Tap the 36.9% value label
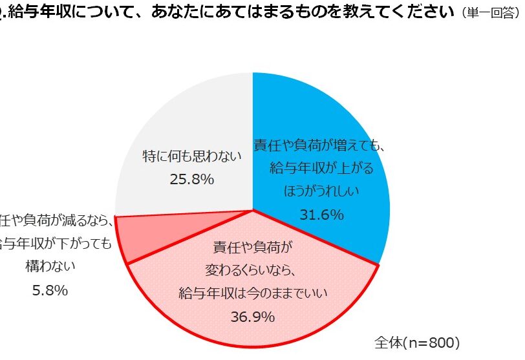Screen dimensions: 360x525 pos(253,317)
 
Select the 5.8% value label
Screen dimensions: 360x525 pos(50,290)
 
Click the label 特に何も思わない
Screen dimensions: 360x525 pos(192,156)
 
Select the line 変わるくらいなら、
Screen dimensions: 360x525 pos(253,270)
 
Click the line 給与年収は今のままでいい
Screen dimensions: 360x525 pos(253,293)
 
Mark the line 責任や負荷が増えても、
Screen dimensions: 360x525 pos(319,145)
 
